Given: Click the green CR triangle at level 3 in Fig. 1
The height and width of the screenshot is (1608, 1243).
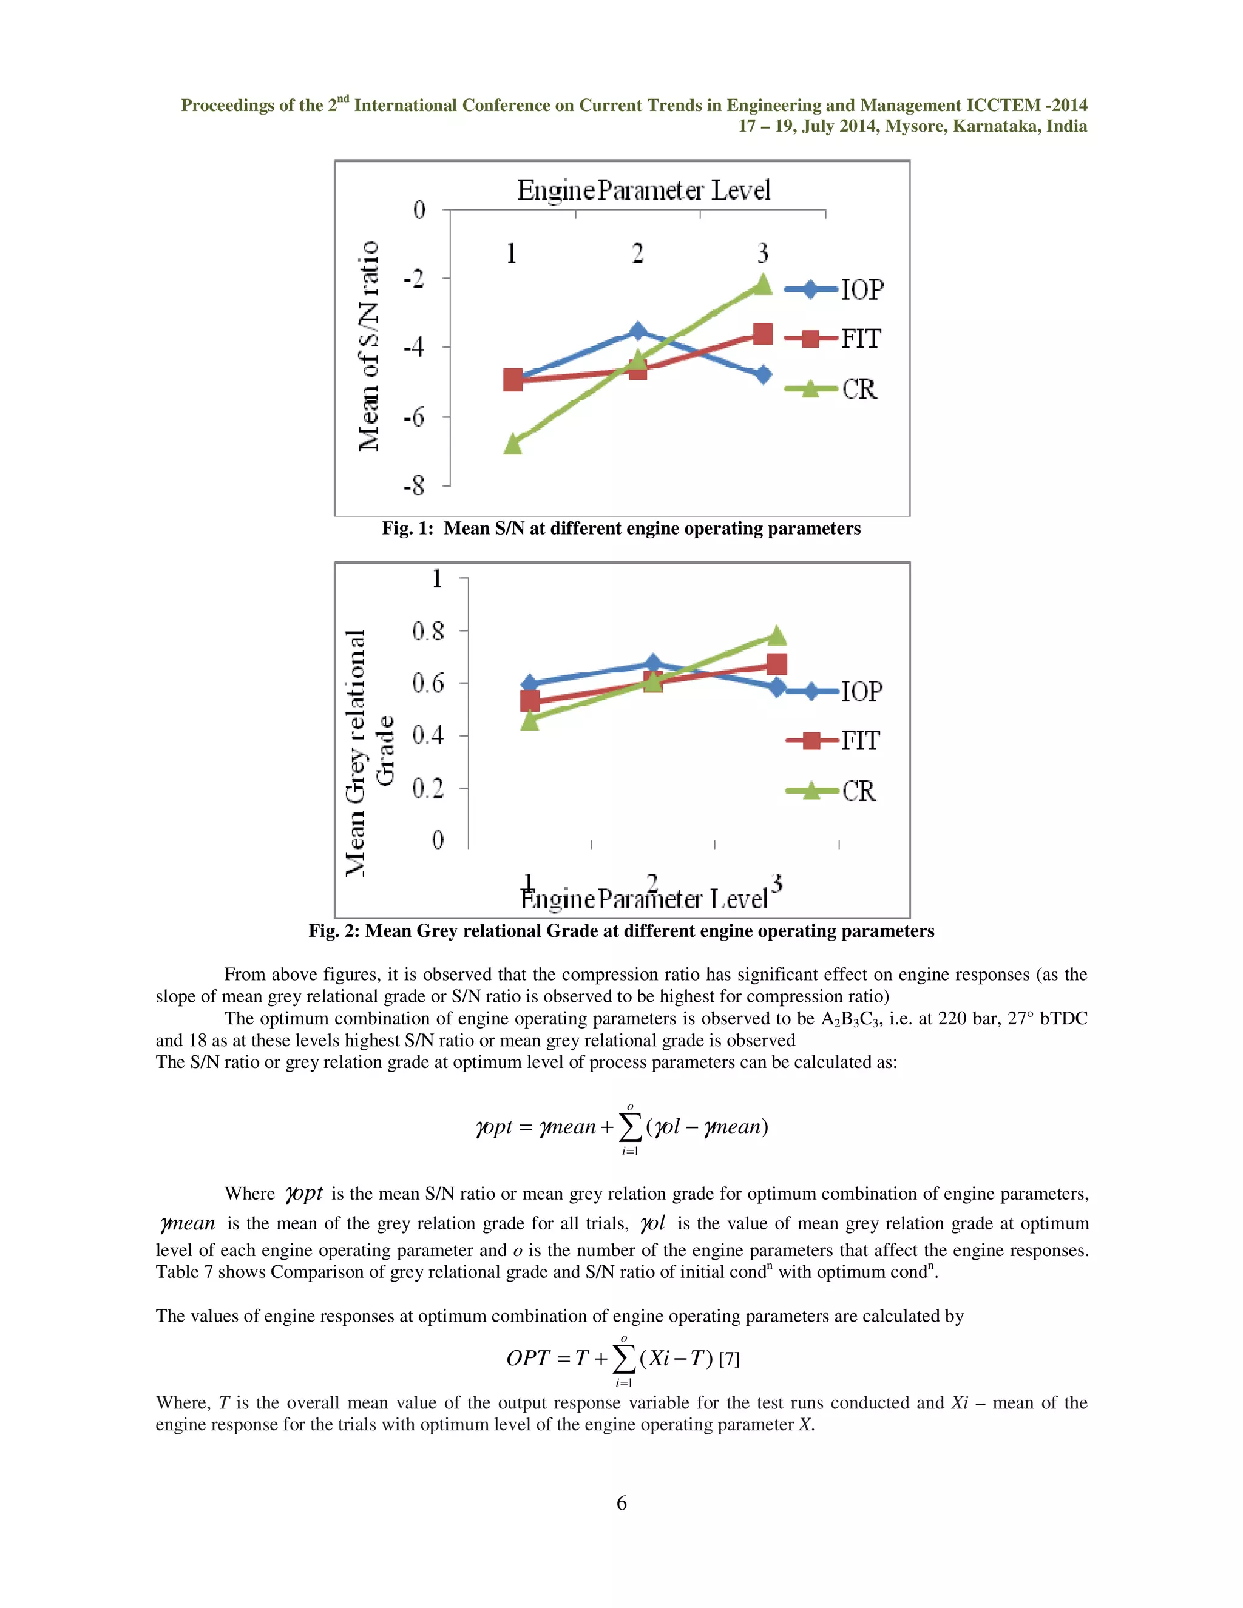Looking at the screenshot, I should (x=763, y=284).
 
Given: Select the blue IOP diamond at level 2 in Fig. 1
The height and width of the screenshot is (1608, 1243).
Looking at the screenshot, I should (x=638, y=331).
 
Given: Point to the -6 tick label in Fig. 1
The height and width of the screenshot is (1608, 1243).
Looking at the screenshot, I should (x=415, y=417).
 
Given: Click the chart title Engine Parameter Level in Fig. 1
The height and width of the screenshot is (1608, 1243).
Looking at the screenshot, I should (x=643, y=191).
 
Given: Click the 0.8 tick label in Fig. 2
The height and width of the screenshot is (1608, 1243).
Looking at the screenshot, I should (x=428, y=631).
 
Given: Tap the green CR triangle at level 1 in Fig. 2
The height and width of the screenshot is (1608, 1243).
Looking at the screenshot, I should (x=529, y=719).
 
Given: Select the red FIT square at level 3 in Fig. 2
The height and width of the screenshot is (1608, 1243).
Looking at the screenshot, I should (x=776, y=664).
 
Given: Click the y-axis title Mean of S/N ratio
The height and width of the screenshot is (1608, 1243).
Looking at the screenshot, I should (x=368, y=346).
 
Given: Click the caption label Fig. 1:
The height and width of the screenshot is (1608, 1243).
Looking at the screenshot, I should (x=407, y=529).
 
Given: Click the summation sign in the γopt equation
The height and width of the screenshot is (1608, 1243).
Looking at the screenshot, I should (x=629, y=1127).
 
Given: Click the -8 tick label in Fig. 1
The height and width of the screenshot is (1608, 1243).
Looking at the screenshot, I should (x=415, y=486).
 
